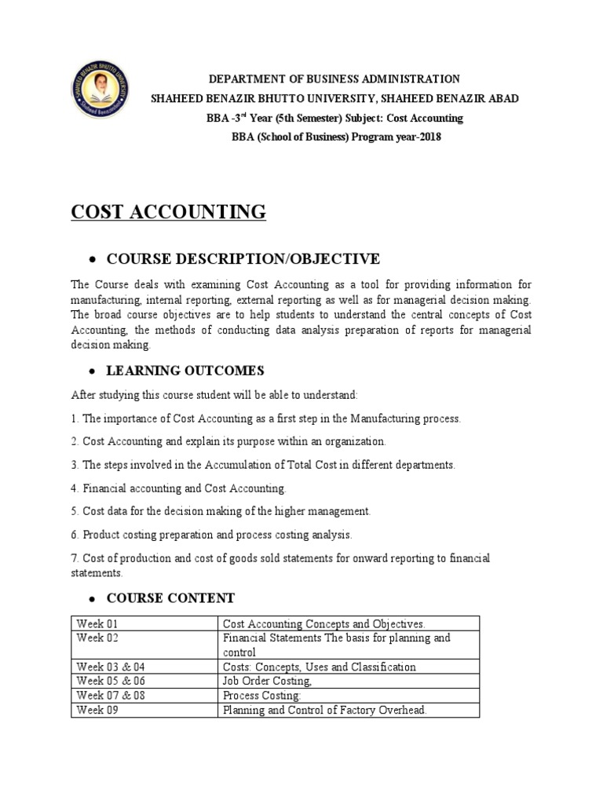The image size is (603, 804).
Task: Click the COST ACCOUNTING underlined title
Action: pos(169,212)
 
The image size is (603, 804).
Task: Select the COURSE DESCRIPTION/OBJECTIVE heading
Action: pos(243,259)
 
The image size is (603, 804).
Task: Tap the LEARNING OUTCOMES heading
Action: pos(185,371)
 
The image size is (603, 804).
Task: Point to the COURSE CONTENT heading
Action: pos(170,598)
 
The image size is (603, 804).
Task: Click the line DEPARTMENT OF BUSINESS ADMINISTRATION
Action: pos(334,79)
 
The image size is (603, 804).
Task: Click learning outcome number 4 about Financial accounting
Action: pos(179,488)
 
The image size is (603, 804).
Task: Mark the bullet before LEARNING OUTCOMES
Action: pos(93,371)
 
